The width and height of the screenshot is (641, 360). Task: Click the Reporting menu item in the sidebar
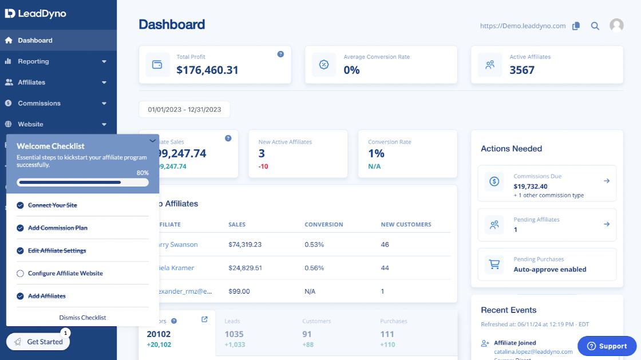pos(33,61)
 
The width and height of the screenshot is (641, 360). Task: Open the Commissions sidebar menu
pos(39,103)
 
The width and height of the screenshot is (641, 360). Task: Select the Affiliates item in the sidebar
pos(31,82)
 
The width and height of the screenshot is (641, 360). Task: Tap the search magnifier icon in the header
pos(595,26)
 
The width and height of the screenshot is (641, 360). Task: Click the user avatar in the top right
pos(616,25)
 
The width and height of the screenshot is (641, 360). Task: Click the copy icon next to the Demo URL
pos(576,26)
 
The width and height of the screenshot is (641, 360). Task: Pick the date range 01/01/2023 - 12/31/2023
pos(184,109)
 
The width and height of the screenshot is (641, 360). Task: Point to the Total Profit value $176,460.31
pos(207,70)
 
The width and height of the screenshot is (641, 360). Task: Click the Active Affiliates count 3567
pos(522,70)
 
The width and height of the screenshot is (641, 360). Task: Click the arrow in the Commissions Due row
pos(607,181)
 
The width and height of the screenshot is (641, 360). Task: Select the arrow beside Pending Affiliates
pos(607,224)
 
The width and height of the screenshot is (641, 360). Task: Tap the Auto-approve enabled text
pos(549,269)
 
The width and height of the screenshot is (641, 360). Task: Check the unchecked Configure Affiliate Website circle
pos(21,274)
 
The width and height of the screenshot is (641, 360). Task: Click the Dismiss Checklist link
pos(82,318)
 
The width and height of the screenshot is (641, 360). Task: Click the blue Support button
pos(607,346)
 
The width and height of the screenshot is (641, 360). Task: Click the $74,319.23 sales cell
pos(245,244)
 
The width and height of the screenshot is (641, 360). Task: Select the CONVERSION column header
pos(323,224)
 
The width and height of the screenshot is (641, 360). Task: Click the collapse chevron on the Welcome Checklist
pos(152,140)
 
